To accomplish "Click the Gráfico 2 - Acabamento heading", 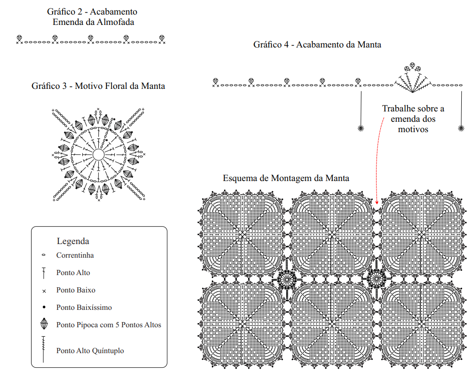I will coord(92,11).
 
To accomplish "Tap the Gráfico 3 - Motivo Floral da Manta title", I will coord(98,86).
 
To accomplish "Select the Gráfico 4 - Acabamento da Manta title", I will coord(317,45).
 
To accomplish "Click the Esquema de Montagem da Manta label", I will coord(286,178).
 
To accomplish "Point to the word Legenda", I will coord(73,241).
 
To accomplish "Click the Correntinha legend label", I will coord(75,255).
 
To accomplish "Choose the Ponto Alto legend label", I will coord(73,272).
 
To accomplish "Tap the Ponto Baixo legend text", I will coord(75,290).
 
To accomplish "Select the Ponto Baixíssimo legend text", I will coord(84,308).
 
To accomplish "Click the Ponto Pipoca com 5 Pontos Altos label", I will coord(108,325).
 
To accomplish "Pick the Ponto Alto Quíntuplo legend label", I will coord(90,350).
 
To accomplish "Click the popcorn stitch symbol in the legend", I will coord(44,324).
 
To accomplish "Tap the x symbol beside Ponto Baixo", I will coord(44,291).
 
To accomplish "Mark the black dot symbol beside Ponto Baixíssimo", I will coord(44,308).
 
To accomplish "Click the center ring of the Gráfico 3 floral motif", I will coord(98,154).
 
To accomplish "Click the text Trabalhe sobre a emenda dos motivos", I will coord(413,118).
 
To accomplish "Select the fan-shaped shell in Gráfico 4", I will coord(412,78).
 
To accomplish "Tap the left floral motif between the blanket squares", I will coord(286,280).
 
